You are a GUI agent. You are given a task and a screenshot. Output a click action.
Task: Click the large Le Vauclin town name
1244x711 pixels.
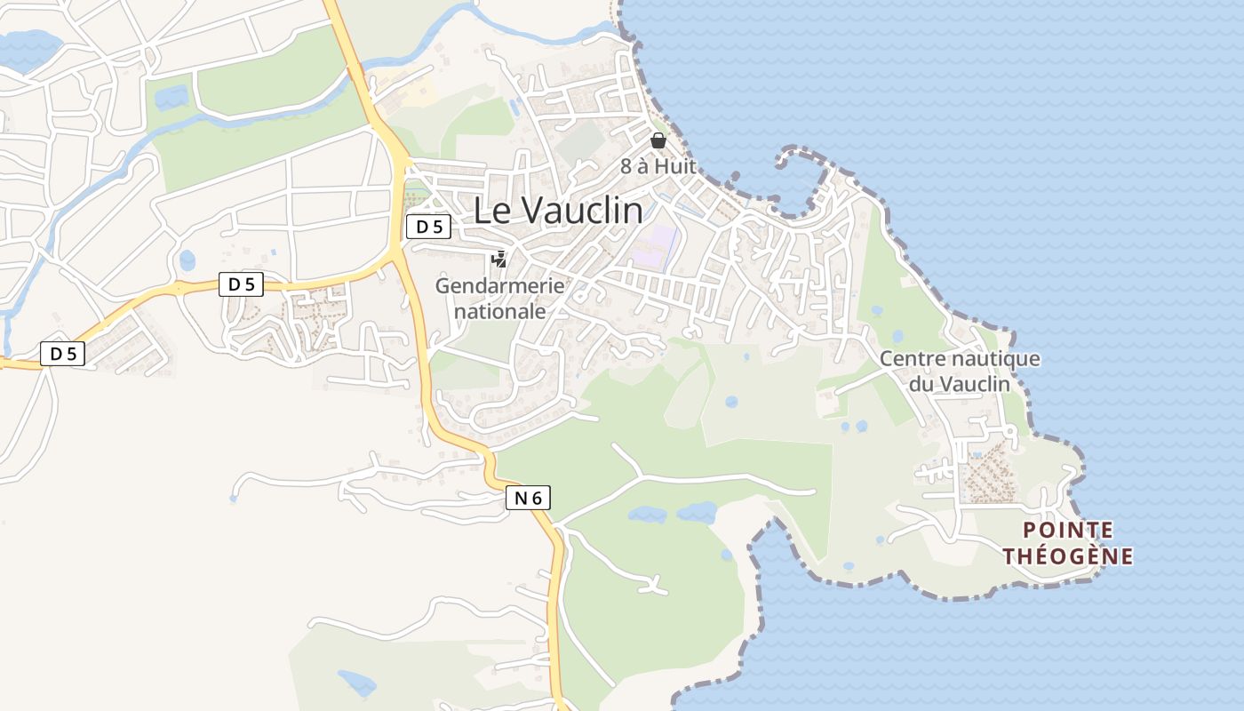(558, 211)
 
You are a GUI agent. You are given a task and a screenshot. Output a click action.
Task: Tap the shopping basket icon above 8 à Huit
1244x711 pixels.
(658, 140)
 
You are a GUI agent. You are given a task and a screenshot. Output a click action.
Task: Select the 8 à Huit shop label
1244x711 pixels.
(658, 166)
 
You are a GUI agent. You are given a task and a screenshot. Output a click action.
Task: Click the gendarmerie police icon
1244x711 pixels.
(499, 260)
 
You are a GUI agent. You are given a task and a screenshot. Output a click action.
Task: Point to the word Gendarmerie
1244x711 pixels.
(499, 286)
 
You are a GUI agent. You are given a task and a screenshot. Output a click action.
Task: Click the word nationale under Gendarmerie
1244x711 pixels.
(499, 312)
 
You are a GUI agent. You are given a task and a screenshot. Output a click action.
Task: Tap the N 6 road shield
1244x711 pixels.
(528, 499)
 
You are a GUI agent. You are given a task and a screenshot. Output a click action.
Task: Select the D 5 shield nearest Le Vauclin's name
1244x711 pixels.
(429, 227)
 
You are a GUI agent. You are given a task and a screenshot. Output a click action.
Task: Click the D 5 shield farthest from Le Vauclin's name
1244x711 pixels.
(63, 354)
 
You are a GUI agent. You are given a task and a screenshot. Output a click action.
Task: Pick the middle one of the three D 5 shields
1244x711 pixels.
(241, 284)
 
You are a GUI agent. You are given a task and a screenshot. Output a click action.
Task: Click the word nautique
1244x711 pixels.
(987, 360)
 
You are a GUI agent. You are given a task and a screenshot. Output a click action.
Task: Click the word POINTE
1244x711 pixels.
(1068, 531)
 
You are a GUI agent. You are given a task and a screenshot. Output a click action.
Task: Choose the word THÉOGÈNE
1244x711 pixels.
(1068, 557)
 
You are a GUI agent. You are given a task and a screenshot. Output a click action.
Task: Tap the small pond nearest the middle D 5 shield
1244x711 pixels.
(187, 260)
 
